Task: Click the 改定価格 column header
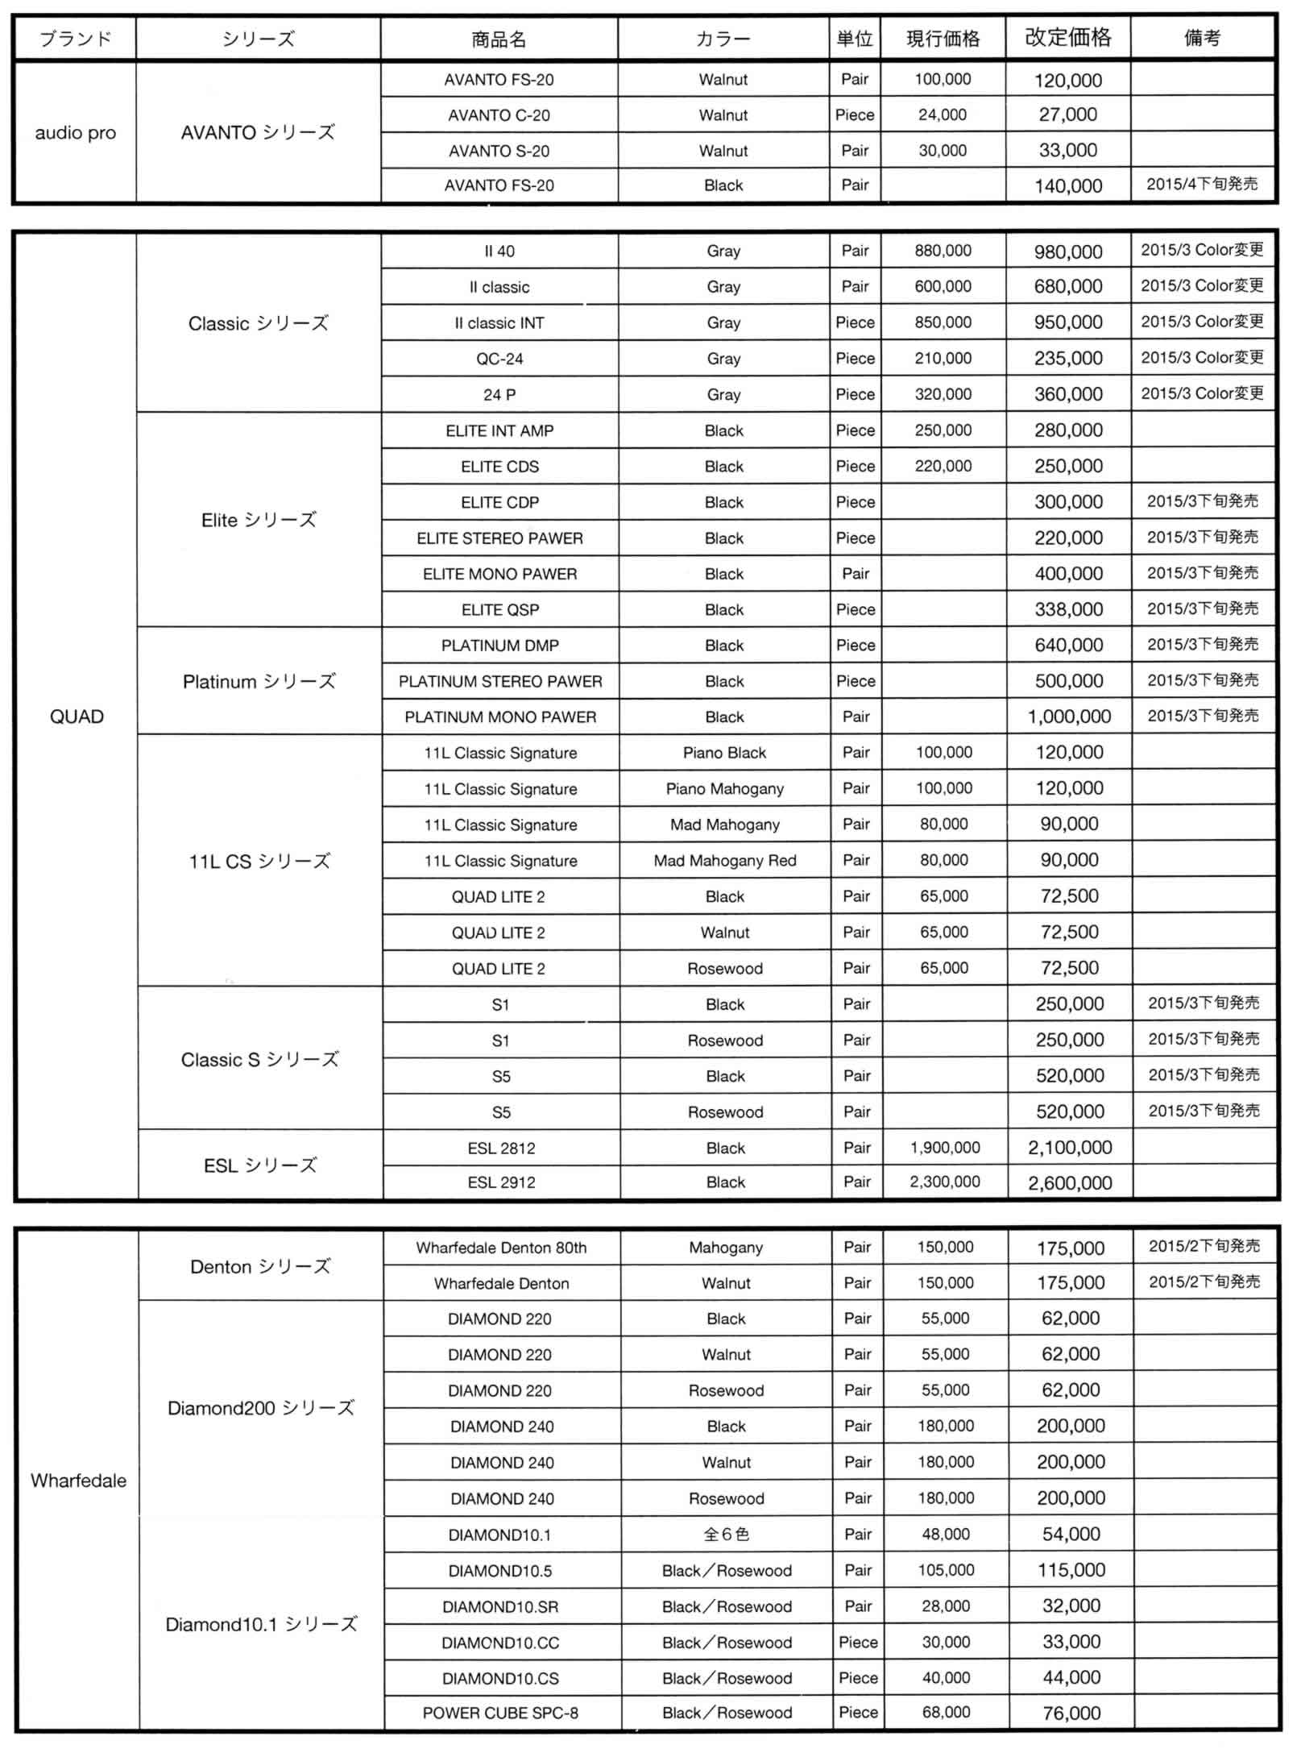[1067, 38]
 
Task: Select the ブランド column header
[75, 39]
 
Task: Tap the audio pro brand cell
[75, 133]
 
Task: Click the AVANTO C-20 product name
[499, 115]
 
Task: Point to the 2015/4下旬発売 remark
[1201, 185]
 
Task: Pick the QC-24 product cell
[499, 359]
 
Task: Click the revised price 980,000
[1068, 251]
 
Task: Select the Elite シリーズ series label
[259, 520]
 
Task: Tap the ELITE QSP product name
[500, 610]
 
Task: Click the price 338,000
[1069, 609]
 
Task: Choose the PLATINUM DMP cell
[500, 646]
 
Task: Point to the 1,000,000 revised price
[1069, 717]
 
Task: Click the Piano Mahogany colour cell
[724, 789]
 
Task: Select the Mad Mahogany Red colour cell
[724, 861]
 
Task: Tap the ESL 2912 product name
[501, 1182]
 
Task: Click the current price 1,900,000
[945, 1148]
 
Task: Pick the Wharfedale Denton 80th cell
[501, 1248]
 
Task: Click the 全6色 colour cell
[726, 1535]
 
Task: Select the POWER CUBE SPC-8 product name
[500, 1713]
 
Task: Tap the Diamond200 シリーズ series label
[260, 1408]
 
